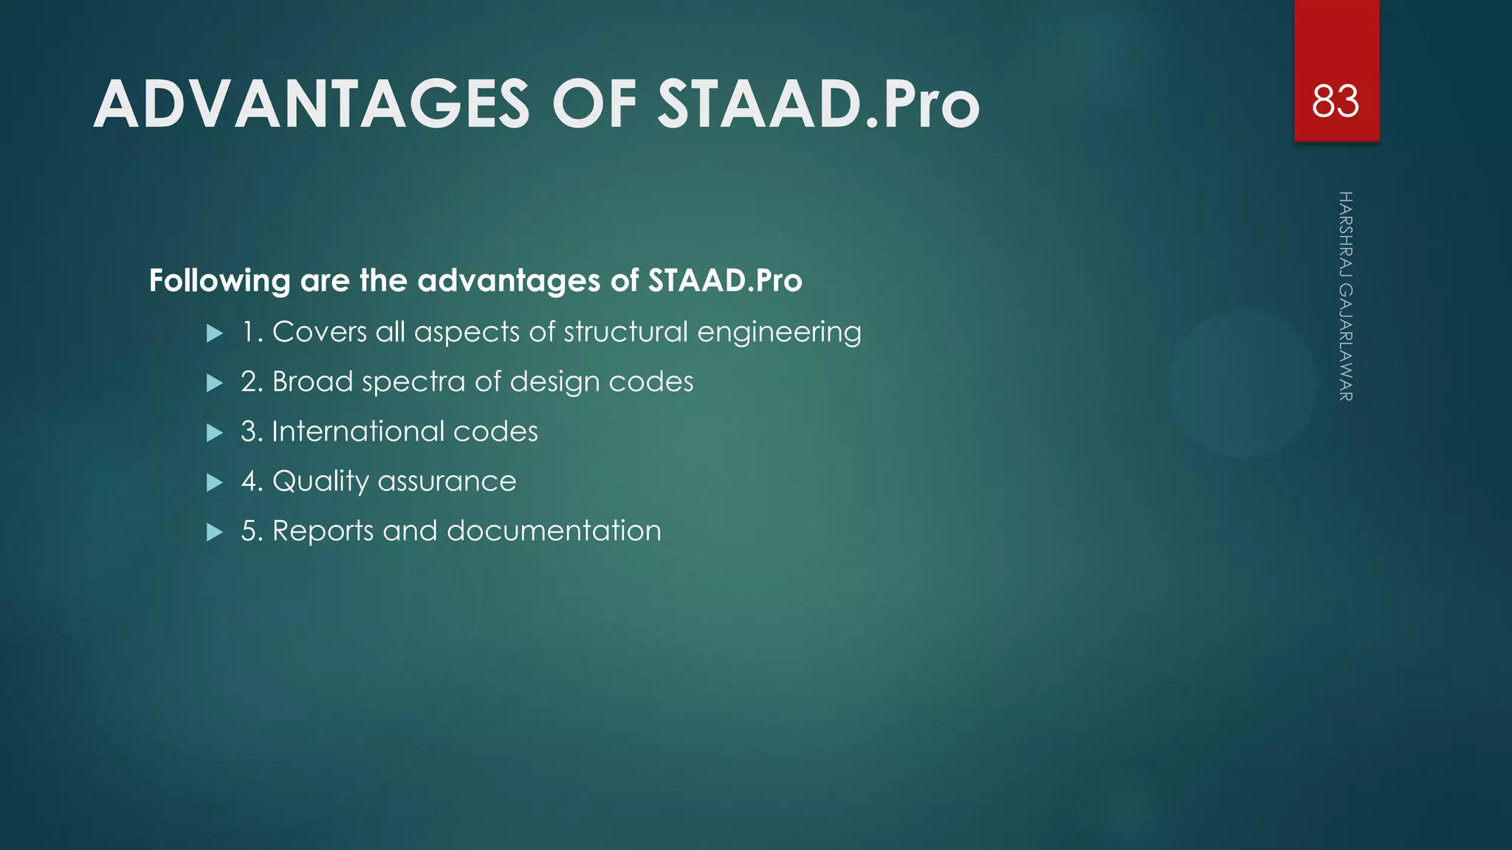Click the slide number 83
1335,102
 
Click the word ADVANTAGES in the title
311,105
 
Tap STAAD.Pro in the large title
818,105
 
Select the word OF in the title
594,105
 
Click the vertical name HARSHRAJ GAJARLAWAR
1345,296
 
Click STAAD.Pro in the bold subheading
725,280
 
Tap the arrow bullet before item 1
215,334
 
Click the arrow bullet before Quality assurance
215,483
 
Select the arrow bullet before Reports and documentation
215,532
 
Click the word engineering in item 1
779,333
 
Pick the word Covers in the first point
319,331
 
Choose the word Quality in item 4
320,482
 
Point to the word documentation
554,531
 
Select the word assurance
447,481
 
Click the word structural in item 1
626,331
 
